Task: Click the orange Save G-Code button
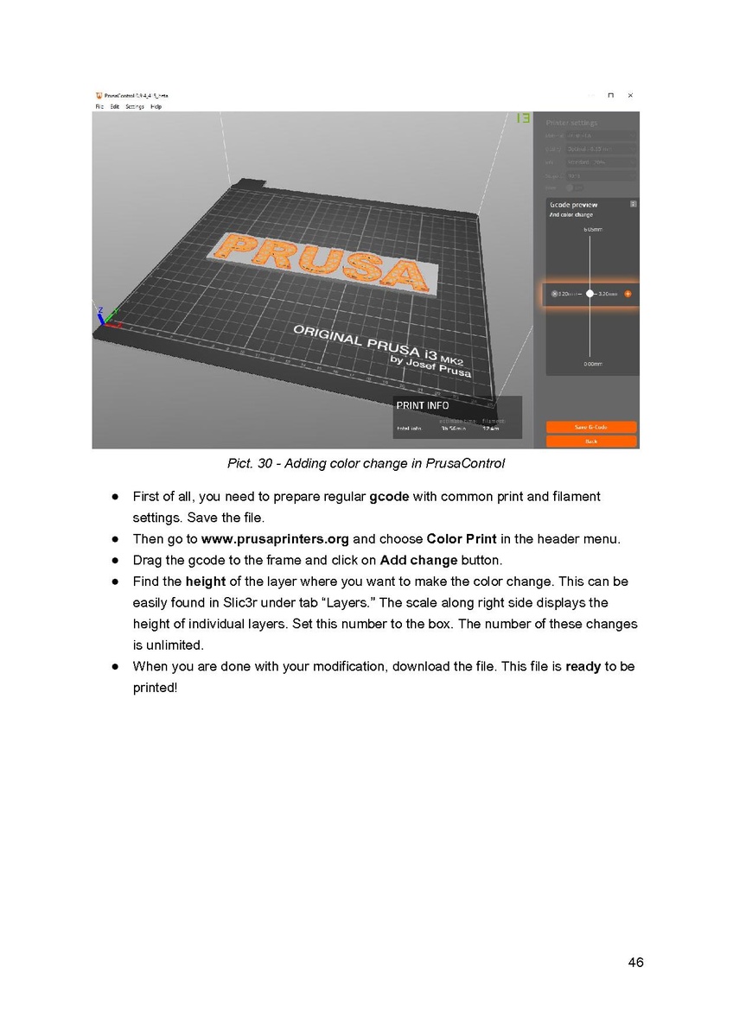(591, 427)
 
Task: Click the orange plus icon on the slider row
(628, 294)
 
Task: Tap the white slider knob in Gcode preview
(590, 294)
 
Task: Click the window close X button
(630, 95)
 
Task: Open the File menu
(99, 107)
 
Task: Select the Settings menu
(135, 107)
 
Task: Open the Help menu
(156, 107)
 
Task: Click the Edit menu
(115, 107)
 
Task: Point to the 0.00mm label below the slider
(592, 365)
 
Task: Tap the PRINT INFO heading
(423, 405)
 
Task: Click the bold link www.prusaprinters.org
(275, 539)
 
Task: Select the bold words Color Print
(462, 539)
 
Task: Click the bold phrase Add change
(418, 561)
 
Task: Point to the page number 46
(635, 963)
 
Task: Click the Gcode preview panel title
(573, 205)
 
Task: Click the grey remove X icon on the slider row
(554, 294)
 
